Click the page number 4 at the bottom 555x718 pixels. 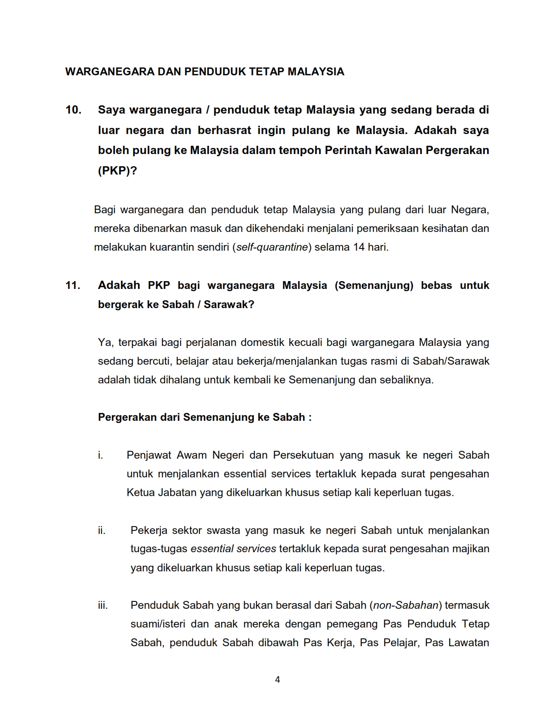coord(278,679)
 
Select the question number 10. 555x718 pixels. coord(74,110)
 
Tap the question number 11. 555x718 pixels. coord(73,285)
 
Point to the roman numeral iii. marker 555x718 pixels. coord(103,605)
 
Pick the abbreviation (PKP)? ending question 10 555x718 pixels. coord(117,171)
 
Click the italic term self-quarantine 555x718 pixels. coord(272,248)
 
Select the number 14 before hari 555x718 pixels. coord(359,248)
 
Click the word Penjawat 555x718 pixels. coord(148,455)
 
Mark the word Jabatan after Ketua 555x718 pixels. coord(177,493)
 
